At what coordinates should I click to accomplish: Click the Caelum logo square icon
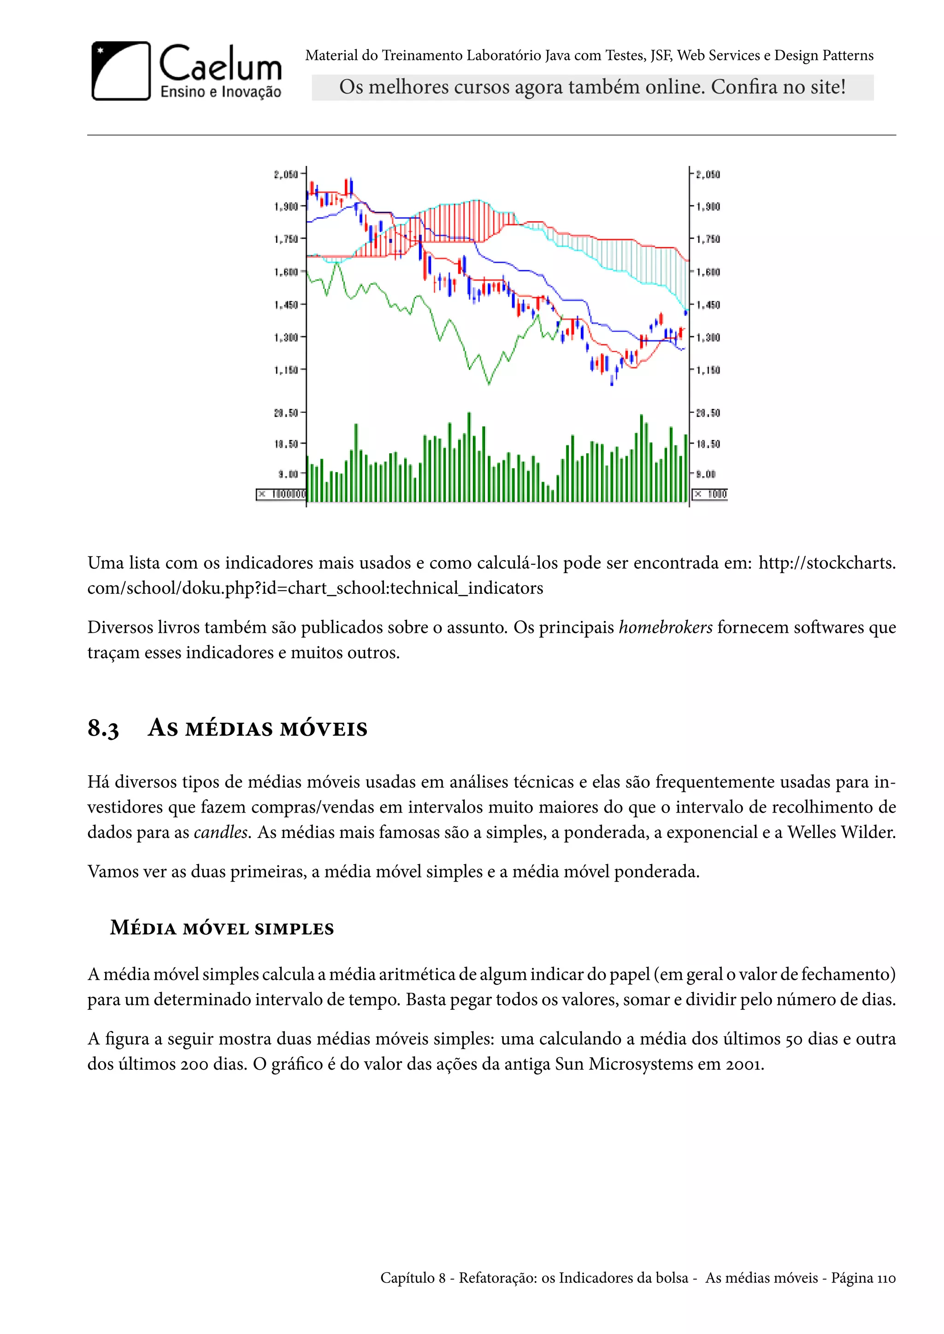tap(121, 71)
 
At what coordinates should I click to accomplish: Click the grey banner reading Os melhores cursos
tap(592, 87)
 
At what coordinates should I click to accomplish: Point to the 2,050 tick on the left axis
tap(286, 174)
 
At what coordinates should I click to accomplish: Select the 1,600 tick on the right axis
tap(708, 272)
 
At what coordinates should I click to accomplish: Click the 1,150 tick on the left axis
tap(286, 370)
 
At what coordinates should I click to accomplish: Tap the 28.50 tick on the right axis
tap(708, 413)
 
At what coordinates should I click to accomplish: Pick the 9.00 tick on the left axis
tap(288, 474)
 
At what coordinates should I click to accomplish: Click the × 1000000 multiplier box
tap(281, 494)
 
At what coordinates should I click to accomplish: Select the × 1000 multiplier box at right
tap(710, 494)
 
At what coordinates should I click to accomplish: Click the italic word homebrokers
tap(665, 627)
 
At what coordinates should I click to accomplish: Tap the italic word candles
tap(221, 832)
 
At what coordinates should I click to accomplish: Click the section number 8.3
tap(103, 729)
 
